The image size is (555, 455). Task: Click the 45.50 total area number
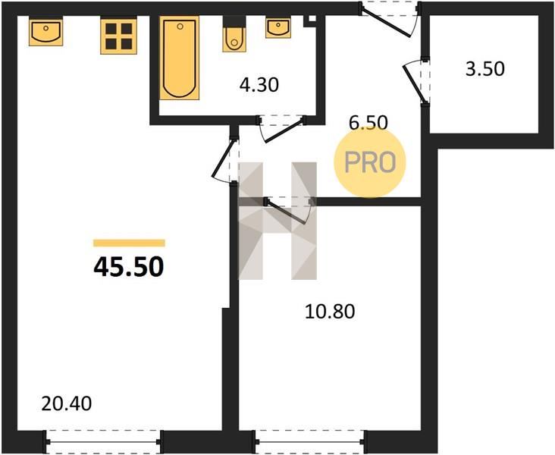pyautogui.click(x=129, y=267)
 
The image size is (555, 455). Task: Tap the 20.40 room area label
pyautogui.click(x=67, y=403)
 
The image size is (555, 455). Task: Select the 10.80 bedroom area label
pyautogui.click(x=330, y=312)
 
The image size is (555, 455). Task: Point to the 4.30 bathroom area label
pyautogui.click(x=259, y=85)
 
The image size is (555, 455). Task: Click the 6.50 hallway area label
pyautogui.click(x=368, y=123)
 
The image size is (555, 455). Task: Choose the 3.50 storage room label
pyautogui.click(x=485, y=69)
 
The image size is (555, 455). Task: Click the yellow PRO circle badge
pyautogui.click(x=370, y=162)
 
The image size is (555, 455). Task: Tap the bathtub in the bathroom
pyautogui.click(x=180, y=58)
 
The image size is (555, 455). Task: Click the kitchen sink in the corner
pyautogui.click(x=46, y=32)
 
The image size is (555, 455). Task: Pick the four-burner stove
pyautogui.click(x=118, y=36)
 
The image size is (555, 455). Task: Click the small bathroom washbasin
pyautogui.click(x=278, y=28)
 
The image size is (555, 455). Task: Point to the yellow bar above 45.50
pyautogui.click(x=129, y=243)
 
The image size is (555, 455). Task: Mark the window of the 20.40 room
pyautogui.click(x=102, y=442)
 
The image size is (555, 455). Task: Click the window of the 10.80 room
pyautogui.click(x=309, y=442)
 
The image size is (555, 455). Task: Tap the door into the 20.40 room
pyautogui.click(x=224, y=158)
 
